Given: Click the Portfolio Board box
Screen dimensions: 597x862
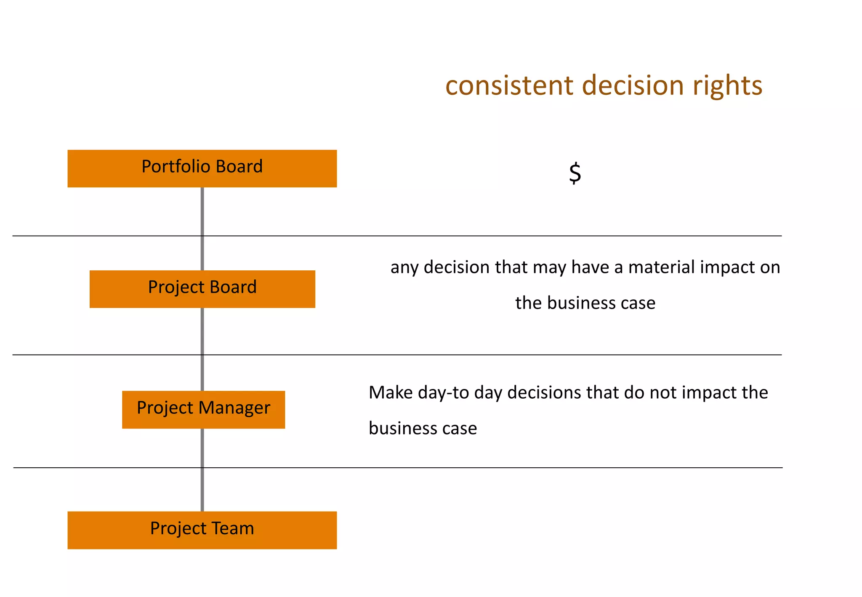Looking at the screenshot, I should (202, 168).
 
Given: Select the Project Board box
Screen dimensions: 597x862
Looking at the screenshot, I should (202, 289).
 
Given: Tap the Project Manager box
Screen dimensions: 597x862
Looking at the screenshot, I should (203, 410).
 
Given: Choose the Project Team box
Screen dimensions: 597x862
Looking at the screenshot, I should (202, 530).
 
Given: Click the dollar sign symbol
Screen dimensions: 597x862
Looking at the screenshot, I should (575, 173).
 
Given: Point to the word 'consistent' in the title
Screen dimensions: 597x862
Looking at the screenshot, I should (509, 85).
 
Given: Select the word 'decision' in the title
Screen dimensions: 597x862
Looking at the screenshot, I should (633, 85).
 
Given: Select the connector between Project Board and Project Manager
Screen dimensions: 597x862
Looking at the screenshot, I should (202, 349).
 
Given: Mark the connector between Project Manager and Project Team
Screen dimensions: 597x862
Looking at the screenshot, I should (202, 470).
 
